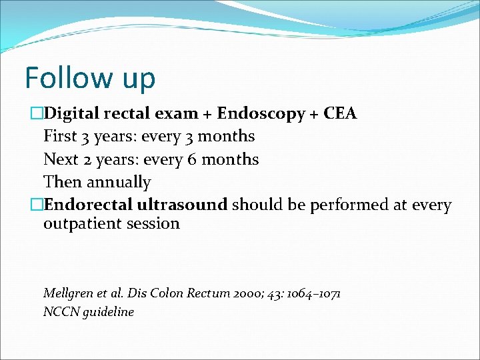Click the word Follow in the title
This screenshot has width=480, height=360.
65,77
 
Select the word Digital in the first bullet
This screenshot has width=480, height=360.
71,114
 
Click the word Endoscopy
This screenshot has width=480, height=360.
261,114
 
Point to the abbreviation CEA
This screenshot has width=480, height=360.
340,113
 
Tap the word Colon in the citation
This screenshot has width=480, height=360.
169,293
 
